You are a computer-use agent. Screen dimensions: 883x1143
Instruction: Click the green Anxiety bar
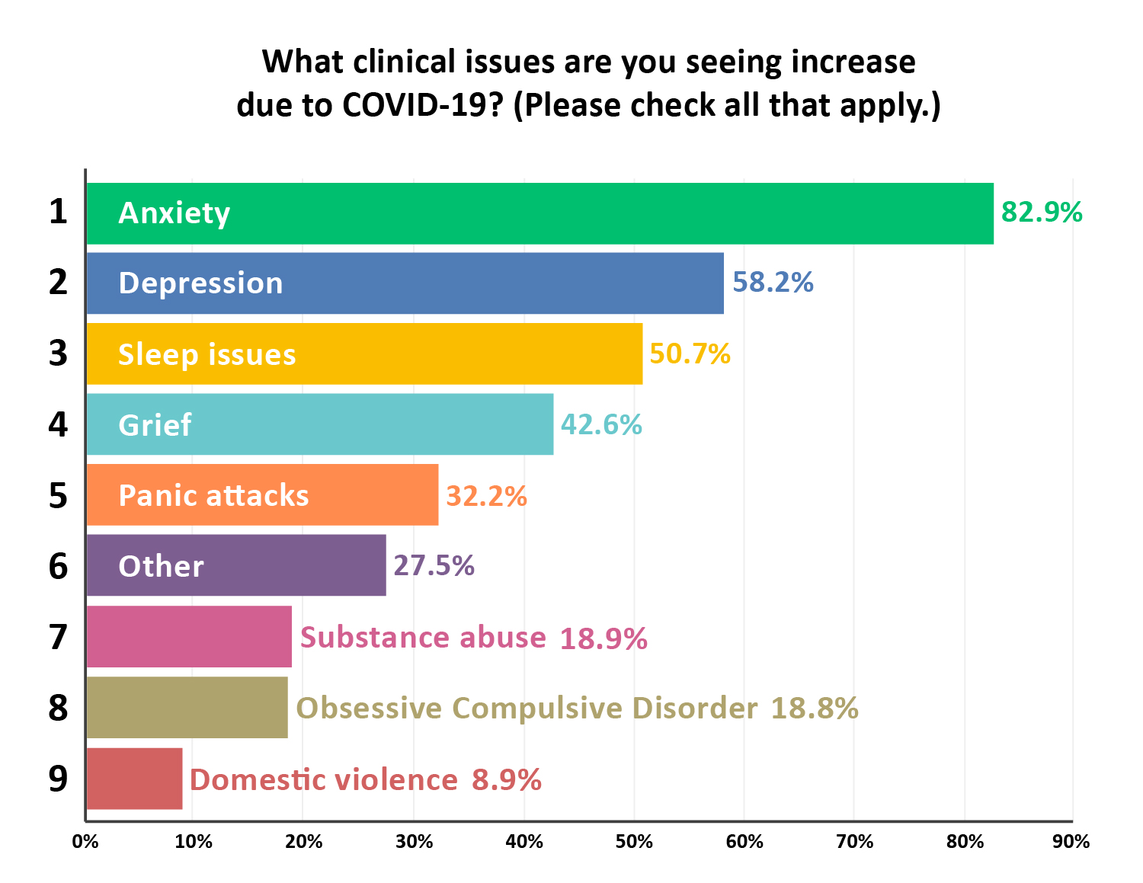(539, 213)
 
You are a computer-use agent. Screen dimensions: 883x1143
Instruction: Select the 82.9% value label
(1041, 213)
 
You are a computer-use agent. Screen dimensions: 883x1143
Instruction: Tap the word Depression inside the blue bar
(200, 283)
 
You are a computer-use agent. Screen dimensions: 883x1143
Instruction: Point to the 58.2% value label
(773, 283)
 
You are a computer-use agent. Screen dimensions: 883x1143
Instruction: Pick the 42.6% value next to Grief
(601, 425)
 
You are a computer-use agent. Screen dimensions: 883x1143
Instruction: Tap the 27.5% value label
(434, 566)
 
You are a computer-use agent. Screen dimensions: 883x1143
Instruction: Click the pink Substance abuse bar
(189, 637)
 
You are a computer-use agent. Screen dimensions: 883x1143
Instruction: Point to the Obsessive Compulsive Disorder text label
(527, 709)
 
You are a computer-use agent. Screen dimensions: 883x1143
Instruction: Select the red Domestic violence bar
(134, 779)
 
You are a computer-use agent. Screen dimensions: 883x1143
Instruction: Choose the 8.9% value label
(507, 780)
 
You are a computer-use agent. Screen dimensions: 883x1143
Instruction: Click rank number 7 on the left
(58, 637)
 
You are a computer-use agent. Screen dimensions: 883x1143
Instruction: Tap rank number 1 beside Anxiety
(58, 212)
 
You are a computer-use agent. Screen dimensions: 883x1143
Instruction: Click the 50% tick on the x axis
(634, 842)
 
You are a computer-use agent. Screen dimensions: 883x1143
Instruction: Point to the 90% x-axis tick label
(1071, 842)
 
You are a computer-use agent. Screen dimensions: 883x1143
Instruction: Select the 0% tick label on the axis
(85, 842)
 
